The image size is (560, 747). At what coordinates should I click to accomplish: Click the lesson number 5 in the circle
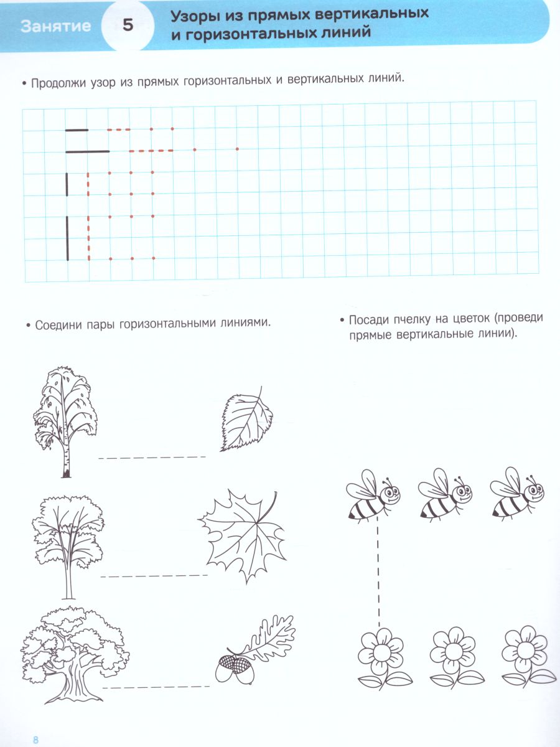(x=128, y=26)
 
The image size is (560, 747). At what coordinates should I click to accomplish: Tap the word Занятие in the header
(x=55, y=26)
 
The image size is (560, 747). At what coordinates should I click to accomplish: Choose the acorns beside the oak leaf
(x=231, y=670)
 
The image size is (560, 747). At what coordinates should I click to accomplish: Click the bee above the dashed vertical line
(x=371, y=495)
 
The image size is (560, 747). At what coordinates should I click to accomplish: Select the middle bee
(x=444, y=495)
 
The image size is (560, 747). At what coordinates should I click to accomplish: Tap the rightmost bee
(x=516, y=495)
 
